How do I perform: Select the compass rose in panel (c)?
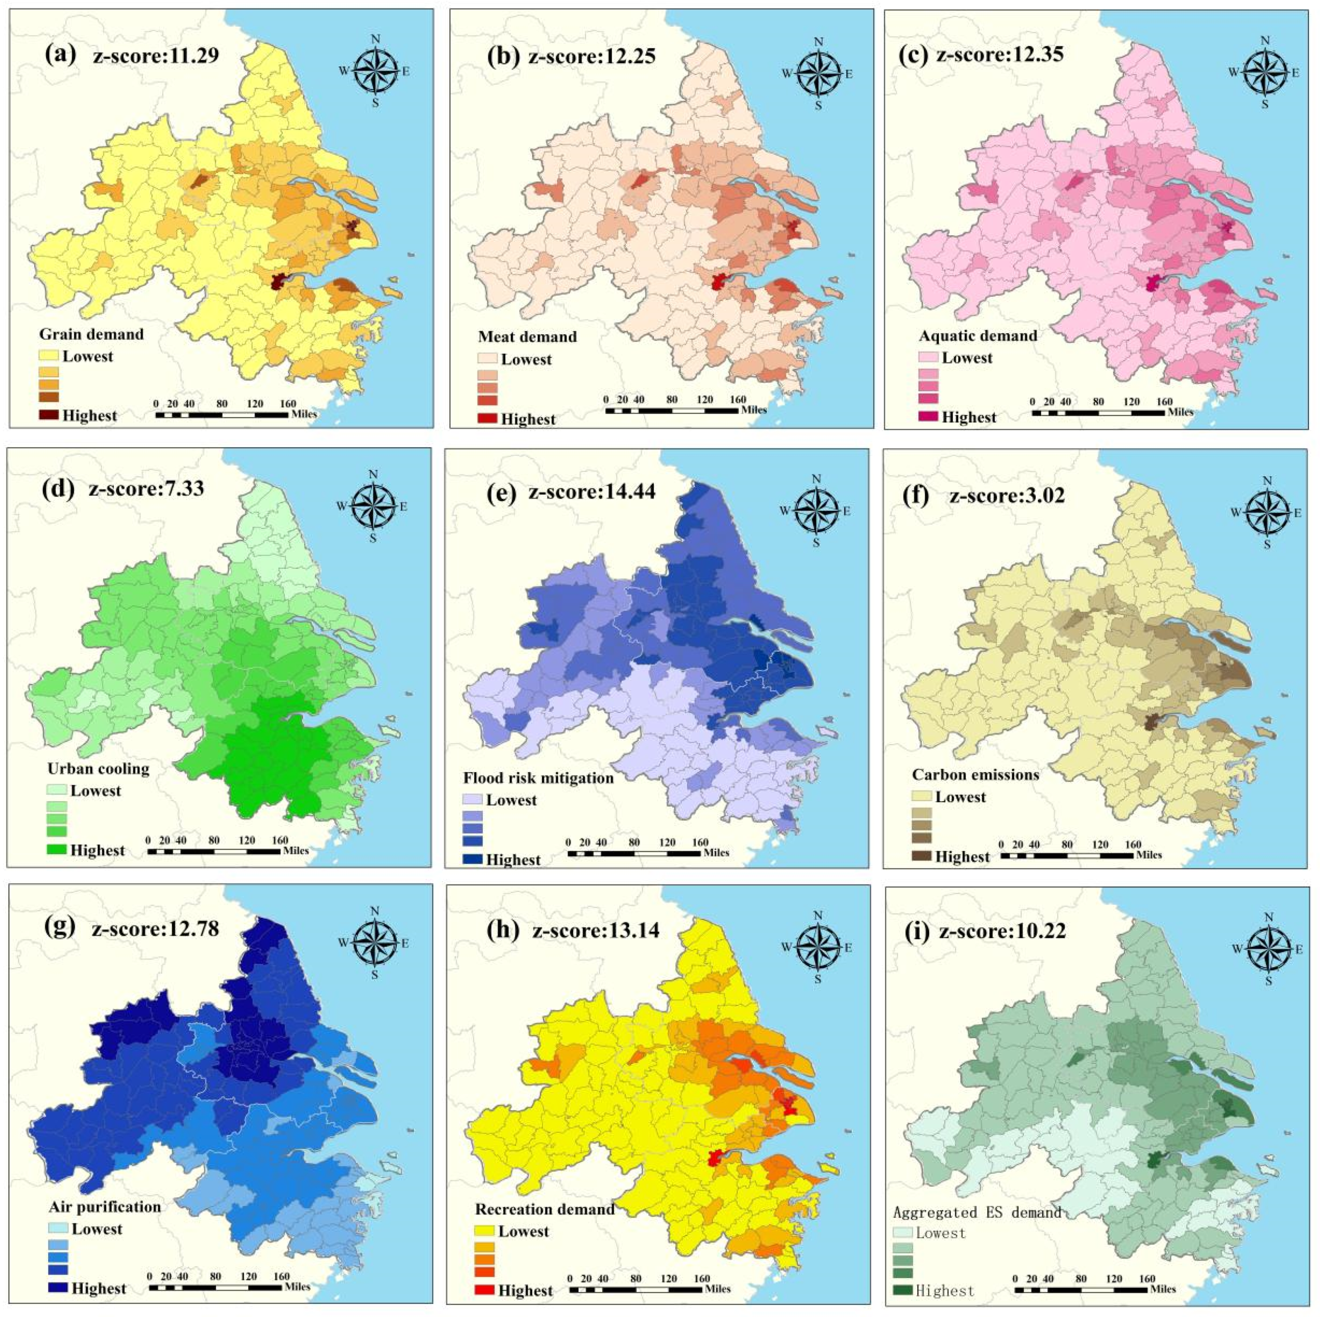1264,72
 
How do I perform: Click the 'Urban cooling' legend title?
98,769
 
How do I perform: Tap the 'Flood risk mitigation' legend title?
538,778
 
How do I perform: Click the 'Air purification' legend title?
105,1206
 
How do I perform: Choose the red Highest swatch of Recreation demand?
484,1290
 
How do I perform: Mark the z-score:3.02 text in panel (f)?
1007,495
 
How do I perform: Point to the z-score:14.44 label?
592,491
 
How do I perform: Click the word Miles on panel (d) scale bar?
296,851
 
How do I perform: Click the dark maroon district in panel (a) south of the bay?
278,282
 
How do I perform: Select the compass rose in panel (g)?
374,943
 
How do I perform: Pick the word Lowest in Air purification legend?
97,1229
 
